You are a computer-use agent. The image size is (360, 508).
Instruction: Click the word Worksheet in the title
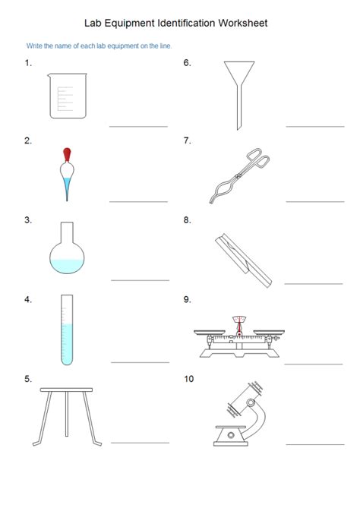point(242,24)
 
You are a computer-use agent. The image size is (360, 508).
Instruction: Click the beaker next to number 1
point(67,96)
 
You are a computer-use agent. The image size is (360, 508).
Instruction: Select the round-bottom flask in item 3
point(68,253)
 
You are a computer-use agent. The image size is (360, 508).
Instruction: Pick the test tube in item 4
point(67,330)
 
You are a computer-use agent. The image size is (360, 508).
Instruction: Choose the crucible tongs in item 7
point(238,176)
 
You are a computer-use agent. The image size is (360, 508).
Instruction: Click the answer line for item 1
point(138,126)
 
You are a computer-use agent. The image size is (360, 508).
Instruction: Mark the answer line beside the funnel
point(309,126)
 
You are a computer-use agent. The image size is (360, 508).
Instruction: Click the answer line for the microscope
point(314,443)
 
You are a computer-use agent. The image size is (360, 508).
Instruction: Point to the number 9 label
point(187,299)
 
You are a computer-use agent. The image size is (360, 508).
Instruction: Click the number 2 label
point(28,140)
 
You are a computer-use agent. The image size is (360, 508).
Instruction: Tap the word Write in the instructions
point(35,46)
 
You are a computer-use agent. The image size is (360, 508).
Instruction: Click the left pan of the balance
point(210,332)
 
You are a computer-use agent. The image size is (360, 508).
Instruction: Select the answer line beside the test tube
point(140,362)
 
